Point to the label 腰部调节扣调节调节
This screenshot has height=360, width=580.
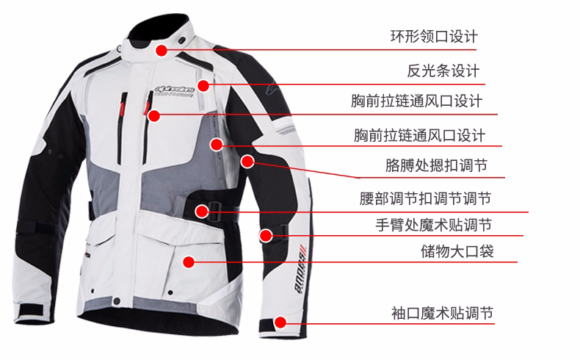(425, 198)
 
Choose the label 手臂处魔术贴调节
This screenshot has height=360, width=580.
(433, 224)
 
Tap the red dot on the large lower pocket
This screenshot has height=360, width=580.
(189, 261)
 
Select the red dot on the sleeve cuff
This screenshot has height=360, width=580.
(280, 321)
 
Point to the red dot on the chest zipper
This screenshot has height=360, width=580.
(153, 115)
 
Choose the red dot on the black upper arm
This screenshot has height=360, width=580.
(247, 160)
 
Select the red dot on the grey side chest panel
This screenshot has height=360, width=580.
(217, 144)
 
